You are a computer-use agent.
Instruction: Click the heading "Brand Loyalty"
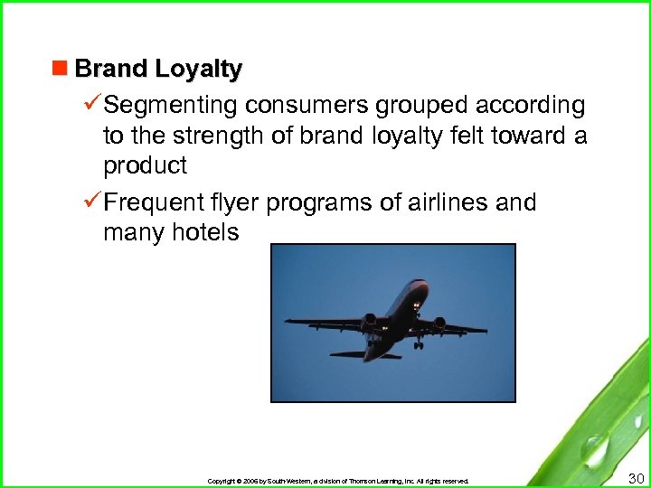[158, 69]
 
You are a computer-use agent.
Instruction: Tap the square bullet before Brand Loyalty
[61, 69]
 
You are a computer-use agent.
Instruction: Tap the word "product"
[146, 166]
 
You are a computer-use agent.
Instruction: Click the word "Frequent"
[156, 202]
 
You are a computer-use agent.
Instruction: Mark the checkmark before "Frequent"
[92, 202]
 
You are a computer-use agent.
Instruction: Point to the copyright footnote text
[338, 481]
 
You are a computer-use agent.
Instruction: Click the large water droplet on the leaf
[594, 448]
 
